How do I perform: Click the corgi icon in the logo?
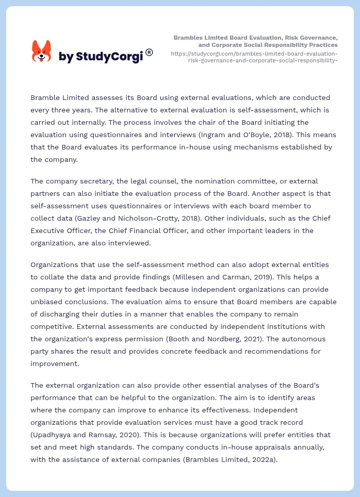42,51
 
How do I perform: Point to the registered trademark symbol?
149,52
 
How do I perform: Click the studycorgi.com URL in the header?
254,57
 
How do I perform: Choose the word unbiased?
50,302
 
